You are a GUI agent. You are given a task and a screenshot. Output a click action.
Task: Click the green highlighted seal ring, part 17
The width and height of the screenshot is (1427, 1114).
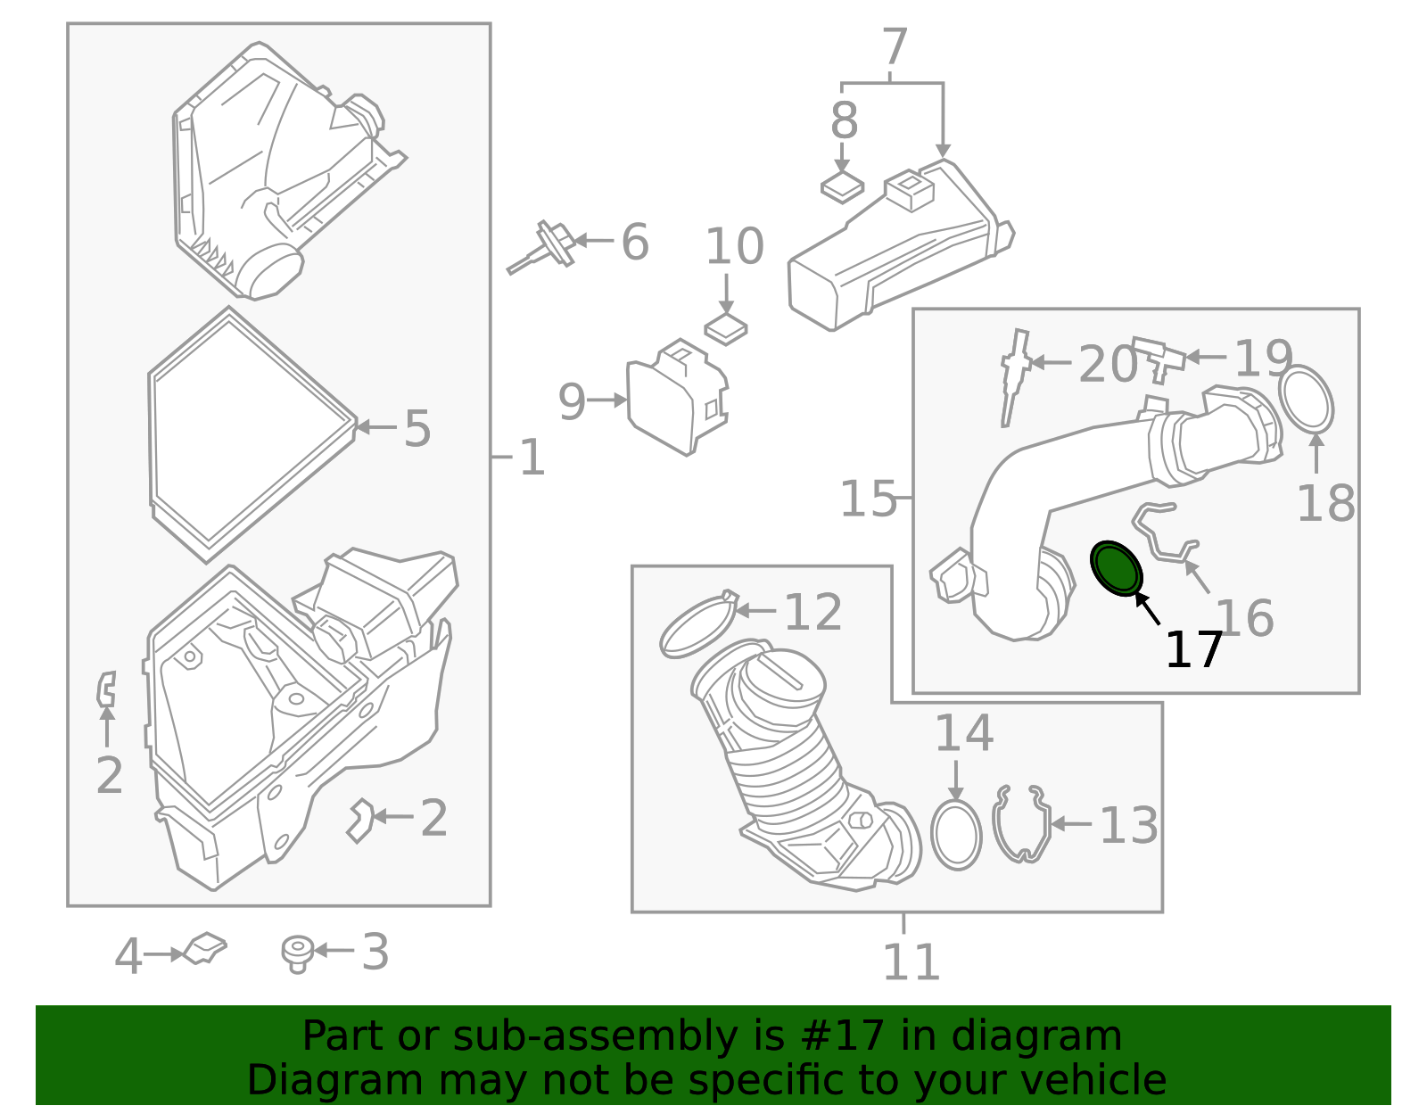(1117, 567)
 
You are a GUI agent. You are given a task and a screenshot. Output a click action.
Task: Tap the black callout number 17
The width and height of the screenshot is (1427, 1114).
(1193, 650)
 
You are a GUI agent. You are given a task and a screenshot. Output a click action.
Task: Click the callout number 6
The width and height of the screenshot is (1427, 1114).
(634, 243)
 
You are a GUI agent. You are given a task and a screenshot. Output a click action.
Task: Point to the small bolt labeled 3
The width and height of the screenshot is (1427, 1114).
(297, 953)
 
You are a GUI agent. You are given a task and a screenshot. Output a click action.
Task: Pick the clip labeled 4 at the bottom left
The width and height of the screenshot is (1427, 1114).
(205, 948)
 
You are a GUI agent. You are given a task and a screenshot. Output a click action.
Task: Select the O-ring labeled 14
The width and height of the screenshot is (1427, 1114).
(955, 834)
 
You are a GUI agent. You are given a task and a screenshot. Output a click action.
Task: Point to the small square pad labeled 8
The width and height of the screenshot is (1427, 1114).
(842, 187)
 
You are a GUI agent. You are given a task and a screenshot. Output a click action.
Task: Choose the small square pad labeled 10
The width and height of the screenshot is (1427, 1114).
(726, 329)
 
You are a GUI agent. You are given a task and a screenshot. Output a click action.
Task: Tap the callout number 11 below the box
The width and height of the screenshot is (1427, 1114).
(911, 962)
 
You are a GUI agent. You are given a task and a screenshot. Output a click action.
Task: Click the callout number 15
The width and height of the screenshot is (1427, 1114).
(868, 499)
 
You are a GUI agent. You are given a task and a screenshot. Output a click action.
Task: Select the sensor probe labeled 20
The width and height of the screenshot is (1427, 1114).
(1014, 375)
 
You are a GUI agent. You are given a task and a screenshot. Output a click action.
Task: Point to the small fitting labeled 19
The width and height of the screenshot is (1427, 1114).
(1158, 357)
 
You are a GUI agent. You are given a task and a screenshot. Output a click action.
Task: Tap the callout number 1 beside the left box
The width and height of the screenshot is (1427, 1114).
(532, 458)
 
